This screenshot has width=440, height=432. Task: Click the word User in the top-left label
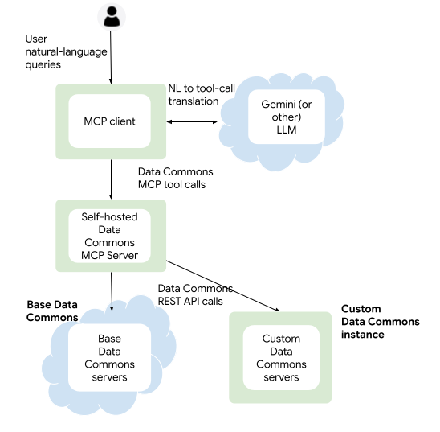35,39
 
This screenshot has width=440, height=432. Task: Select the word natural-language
66,51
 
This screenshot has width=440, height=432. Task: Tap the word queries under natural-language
43,64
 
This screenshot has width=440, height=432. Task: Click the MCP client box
109,121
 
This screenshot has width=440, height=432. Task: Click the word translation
194,101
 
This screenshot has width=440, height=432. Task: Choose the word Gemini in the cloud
278,104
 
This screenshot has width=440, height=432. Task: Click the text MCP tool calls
172,185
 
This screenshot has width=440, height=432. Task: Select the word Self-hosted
109,216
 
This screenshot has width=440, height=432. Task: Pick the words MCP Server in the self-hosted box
109,256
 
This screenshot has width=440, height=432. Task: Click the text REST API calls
189,301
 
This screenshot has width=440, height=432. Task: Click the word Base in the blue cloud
109,339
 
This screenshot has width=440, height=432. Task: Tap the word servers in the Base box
109,377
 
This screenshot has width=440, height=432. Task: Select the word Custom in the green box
281,339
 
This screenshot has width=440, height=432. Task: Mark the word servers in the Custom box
281,377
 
